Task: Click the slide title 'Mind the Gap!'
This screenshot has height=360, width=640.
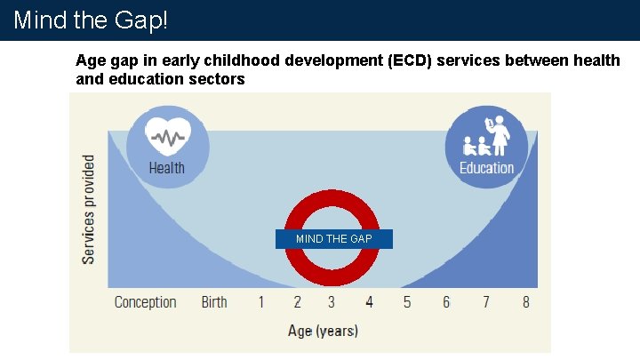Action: (91, 20)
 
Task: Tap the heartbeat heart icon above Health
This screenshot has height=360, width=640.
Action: (168, 137)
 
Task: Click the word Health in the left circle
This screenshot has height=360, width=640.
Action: (167, 167)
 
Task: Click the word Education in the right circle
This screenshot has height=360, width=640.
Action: (486, 167)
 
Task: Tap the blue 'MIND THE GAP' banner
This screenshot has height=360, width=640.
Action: (333, 239)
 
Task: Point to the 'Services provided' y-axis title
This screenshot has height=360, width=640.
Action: (89, 209)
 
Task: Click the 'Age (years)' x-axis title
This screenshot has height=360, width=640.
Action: (323, 331)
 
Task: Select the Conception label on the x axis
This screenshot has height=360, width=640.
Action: (146, 302)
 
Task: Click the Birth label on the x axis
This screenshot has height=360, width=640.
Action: (214, 302)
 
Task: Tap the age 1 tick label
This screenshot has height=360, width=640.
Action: (261, 302)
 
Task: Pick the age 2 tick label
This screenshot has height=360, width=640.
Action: (298, 302)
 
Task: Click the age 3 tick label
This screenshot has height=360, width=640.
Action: (332, 302)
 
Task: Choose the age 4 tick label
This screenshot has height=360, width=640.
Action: (369, 302)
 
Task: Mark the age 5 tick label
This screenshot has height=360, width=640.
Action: (407, 302)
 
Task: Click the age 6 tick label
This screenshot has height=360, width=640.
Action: (446, 302)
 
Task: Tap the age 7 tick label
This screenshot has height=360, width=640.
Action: (486, 302)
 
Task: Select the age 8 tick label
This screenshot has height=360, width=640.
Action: (526, 302)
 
